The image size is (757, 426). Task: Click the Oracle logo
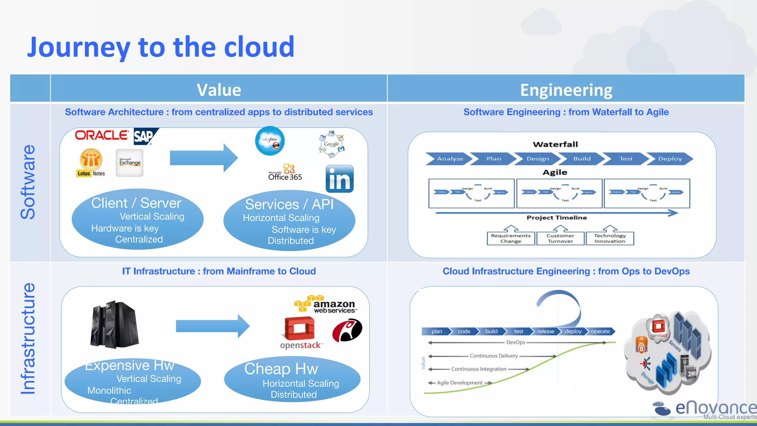coord(102,135)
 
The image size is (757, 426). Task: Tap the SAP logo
coord(145,136)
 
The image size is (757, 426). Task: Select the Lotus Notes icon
coord(91,163)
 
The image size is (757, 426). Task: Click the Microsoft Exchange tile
coord(129,163)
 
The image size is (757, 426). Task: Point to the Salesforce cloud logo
coord(270,141)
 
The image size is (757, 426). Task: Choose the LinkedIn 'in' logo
coord(339,179)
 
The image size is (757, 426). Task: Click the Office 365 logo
coord(285,173)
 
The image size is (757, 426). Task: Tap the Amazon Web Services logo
coord(325,305)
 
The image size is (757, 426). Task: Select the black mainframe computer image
coord(114,324)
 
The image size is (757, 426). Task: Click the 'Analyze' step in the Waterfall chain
coord(449,159)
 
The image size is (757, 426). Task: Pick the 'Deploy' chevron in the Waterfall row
coord(670,159)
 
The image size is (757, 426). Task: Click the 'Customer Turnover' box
coord(560,239)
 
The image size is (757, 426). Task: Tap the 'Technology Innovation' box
coord(610,239)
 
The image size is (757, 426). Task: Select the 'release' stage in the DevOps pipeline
coord(546,331)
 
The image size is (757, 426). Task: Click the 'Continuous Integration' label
coord(479,369)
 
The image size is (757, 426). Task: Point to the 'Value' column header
coord(219,90)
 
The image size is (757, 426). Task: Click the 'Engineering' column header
coord(566,90)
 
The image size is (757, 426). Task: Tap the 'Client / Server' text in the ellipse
coord(136,203)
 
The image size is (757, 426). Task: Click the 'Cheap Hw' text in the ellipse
coord(281,369)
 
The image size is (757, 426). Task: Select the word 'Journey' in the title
coord(78,48)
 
